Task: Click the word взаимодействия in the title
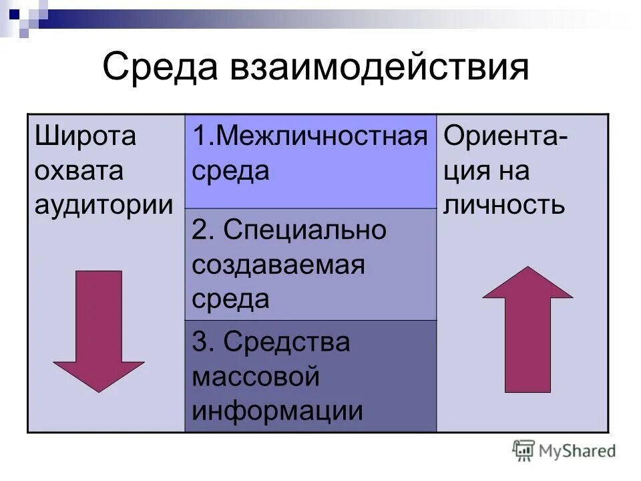point(379,69)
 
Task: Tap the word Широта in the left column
point(85,137)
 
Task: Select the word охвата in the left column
point(79,171)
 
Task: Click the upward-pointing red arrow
point(527,327)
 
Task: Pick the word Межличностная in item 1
point(322,137)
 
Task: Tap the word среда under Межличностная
point(231,171)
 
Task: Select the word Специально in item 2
point(305,230)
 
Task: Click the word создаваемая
point(278,265)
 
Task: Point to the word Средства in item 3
point(287,342)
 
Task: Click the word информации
point(278,411)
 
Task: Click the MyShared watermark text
point(578,451)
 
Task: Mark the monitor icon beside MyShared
point(524,450)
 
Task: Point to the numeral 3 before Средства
point(198,342)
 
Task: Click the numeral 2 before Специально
point(198,230)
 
